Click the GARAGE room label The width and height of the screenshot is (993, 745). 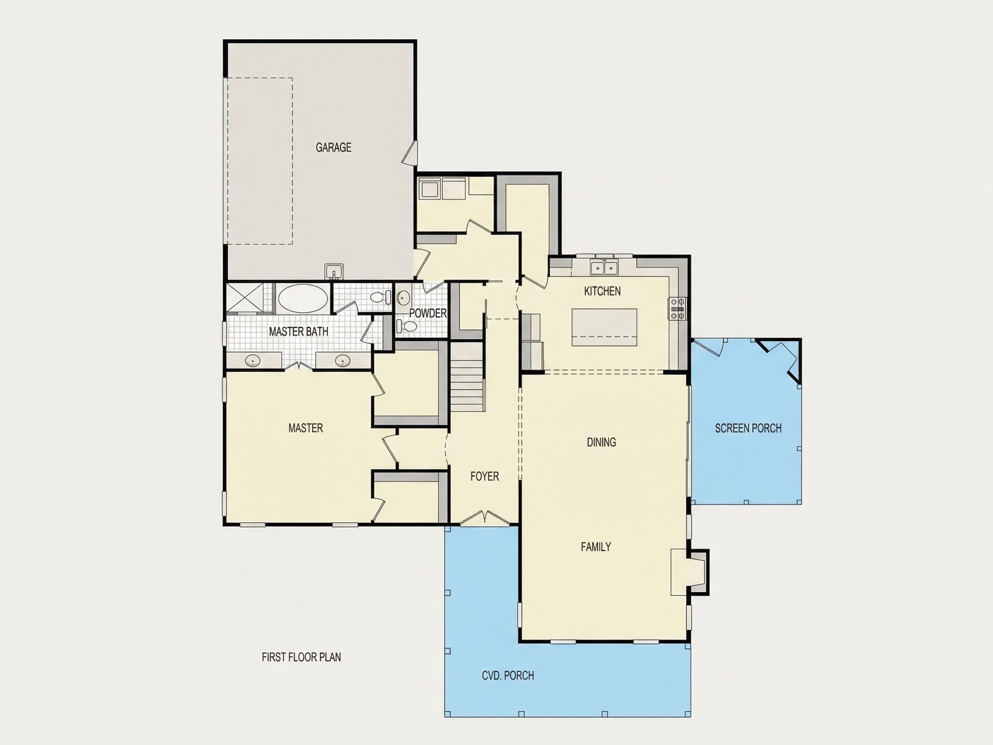(x=333, y=147)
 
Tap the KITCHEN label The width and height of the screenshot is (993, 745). (x=602, y=291)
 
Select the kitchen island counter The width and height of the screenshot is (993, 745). (x=604, y=327)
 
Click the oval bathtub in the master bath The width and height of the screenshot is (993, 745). (x=303, y=297)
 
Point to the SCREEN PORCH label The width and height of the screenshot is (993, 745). (x=748, y=429)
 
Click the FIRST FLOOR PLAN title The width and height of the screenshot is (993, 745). (x=301, y=657)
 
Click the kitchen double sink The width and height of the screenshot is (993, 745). (x=604, y=268)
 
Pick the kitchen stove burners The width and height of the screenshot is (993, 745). (x=678, y=309)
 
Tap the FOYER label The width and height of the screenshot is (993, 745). (x=484, y=476)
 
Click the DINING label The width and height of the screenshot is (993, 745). (x=601, y=442)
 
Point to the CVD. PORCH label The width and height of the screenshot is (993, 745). (x=508, y=676)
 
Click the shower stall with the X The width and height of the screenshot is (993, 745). (x=244, y=297)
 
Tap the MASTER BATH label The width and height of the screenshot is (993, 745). (x=299, y=332)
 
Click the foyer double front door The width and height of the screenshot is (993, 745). (x=485, y=517)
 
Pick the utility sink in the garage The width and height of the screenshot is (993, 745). (x=334, y=271)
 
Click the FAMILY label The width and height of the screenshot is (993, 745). (x=596, y=547)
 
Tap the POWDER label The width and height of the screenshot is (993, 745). (x=428, y=313)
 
